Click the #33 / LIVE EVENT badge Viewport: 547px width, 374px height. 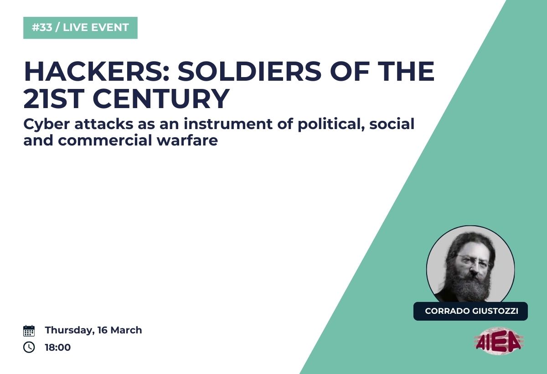pos(80,28)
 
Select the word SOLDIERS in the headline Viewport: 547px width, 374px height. pos(249,71)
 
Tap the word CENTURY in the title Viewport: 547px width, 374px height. pos(161,99)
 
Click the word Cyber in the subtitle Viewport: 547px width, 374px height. pos(46,125)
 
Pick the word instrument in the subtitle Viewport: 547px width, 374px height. pos(228,124)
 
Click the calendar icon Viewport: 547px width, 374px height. pos(29,331)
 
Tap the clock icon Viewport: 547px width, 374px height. pos(29,347)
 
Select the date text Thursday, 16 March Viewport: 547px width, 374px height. pos(93,330)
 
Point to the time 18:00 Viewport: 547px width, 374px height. pos(57,347)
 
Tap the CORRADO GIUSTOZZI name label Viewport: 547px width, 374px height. pos(470,311)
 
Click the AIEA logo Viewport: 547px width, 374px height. pos(498,341)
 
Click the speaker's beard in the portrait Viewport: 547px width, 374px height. pos(469,286)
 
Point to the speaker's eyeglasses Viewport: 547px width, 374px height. pos(471,261)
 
